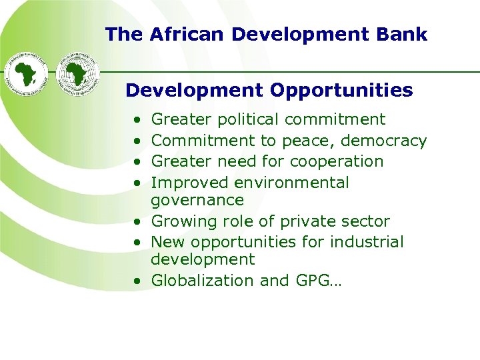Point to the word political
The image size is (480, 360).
tap(248, 120)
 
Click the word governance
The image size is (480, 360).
tap(197, 200)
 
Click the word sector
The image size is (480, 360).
tap(365, 221)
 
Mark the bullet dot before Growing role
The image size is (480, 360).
tap(136, 221)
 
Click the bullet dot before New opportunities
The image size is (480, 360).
tap(136, 242)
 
